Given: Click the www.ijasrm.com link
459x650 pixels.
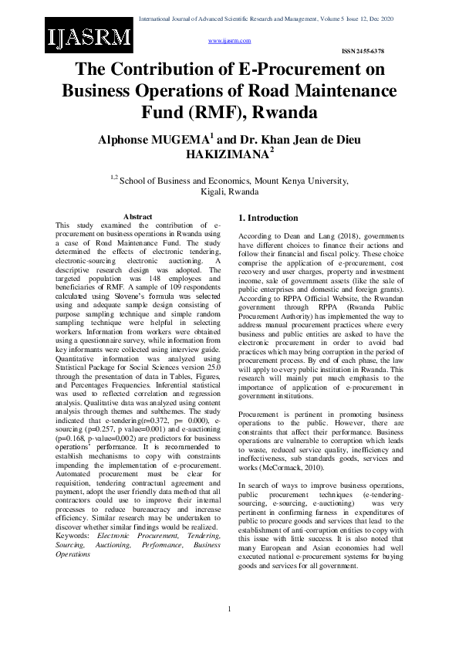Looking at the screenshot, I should (x=230, y=39).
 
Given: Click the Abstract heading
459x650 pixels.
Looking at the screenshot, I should (x=138, y=217).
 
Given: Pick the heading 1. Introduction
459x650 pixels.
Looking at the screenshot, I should (x=268, y=218).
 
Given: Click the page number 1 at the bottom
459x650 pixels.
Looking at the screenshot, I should (x=230, y=611).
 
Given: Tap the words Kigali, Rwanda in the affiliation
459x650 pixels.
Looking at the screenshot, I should (x=229, y=191).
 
